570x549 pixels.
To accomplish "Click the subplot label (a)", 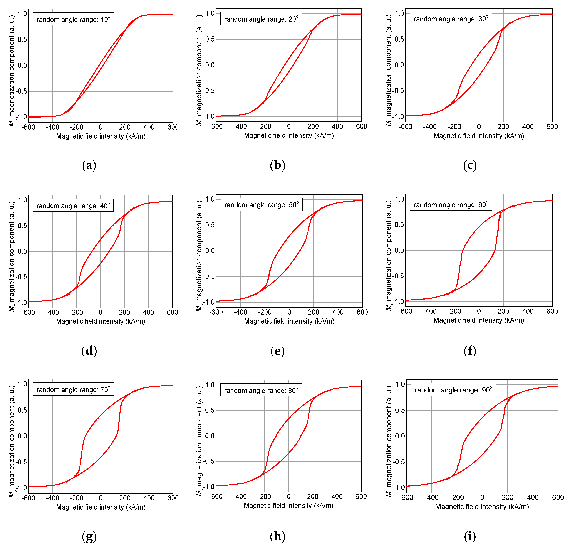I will tap(89, 166).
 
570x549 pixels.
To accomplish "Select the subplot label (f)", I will tap(470, 351).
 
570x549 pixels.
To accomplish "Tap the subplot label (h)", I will tap(277, 536).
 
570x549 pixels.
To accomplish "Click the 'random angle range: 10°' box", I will tap(73, 19).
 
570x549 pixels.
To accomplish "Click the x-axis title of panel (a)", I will tap(101, 136).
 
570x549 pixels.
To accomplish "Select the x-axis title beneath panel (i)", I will tap(482, 507).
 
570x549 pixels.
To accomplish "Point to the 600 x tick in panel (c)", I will tap(552, 126).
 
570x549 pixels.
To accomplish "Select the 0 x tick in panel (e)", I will tap(289, 312).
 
